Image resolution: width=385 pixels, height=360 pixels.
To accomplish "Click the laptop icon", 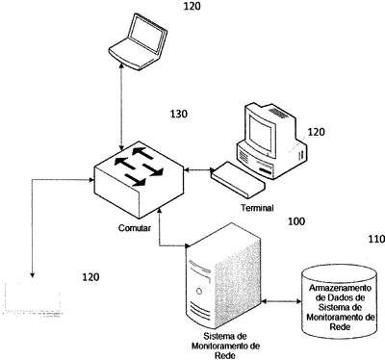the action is click(x=138, y=41).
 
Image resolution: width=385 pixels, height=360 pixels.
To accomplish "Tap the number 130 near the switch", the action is click(x=178, y=114).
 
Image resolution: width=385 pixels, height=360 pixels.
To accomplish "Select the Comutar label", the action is click(x=135, y=228).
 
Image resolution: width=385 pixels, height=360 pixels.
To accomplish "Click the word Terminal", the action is click(x=257, y=208).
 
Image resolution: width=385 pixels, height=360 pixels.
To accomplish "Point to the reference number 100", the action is click(x=296, y=221).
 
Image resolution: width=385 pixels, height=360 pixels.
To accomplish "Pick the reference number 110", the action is click(x=376, y=239).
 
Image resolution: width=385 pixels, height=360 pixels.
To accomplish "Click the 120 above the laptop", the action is click(x=192, y=6).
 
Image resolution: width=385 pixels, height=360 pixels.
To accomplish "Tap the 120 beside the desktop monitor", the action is click(x=316, y=132).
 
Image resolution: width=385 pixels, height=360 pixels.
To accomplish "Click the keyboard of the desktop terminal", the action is click(x=238, y=179).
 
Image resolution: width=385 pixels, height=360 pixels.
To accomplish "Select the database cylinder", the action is click(x=339, y=301).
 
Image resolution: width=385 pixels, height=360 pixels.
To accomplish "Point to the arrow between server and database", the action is click(x=281, y=301).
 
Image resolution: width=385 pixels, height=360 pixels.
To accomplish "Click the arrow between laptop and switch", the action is click(x=121, y=107).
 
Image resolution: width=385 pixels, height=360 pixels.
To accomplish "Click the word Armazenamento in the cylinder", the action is click(x=340, y=288).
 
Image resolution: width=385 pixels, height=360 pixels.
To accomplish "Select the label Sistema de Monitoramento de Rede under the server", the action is click(x=225, y=346).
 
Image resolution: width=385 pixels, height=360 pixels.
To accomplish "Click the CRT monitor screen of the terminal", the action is click(x=262, y=133).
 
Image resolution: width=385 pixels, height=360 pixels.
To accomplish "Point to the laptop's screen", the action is click(x=147, y=34).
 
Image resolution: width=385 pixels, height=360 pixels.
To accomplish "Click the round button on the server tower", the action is click(x=199, y=292).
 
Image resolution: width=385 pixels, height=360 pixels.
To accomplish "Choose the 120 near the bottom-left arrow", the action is click(x=90, y=277).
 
